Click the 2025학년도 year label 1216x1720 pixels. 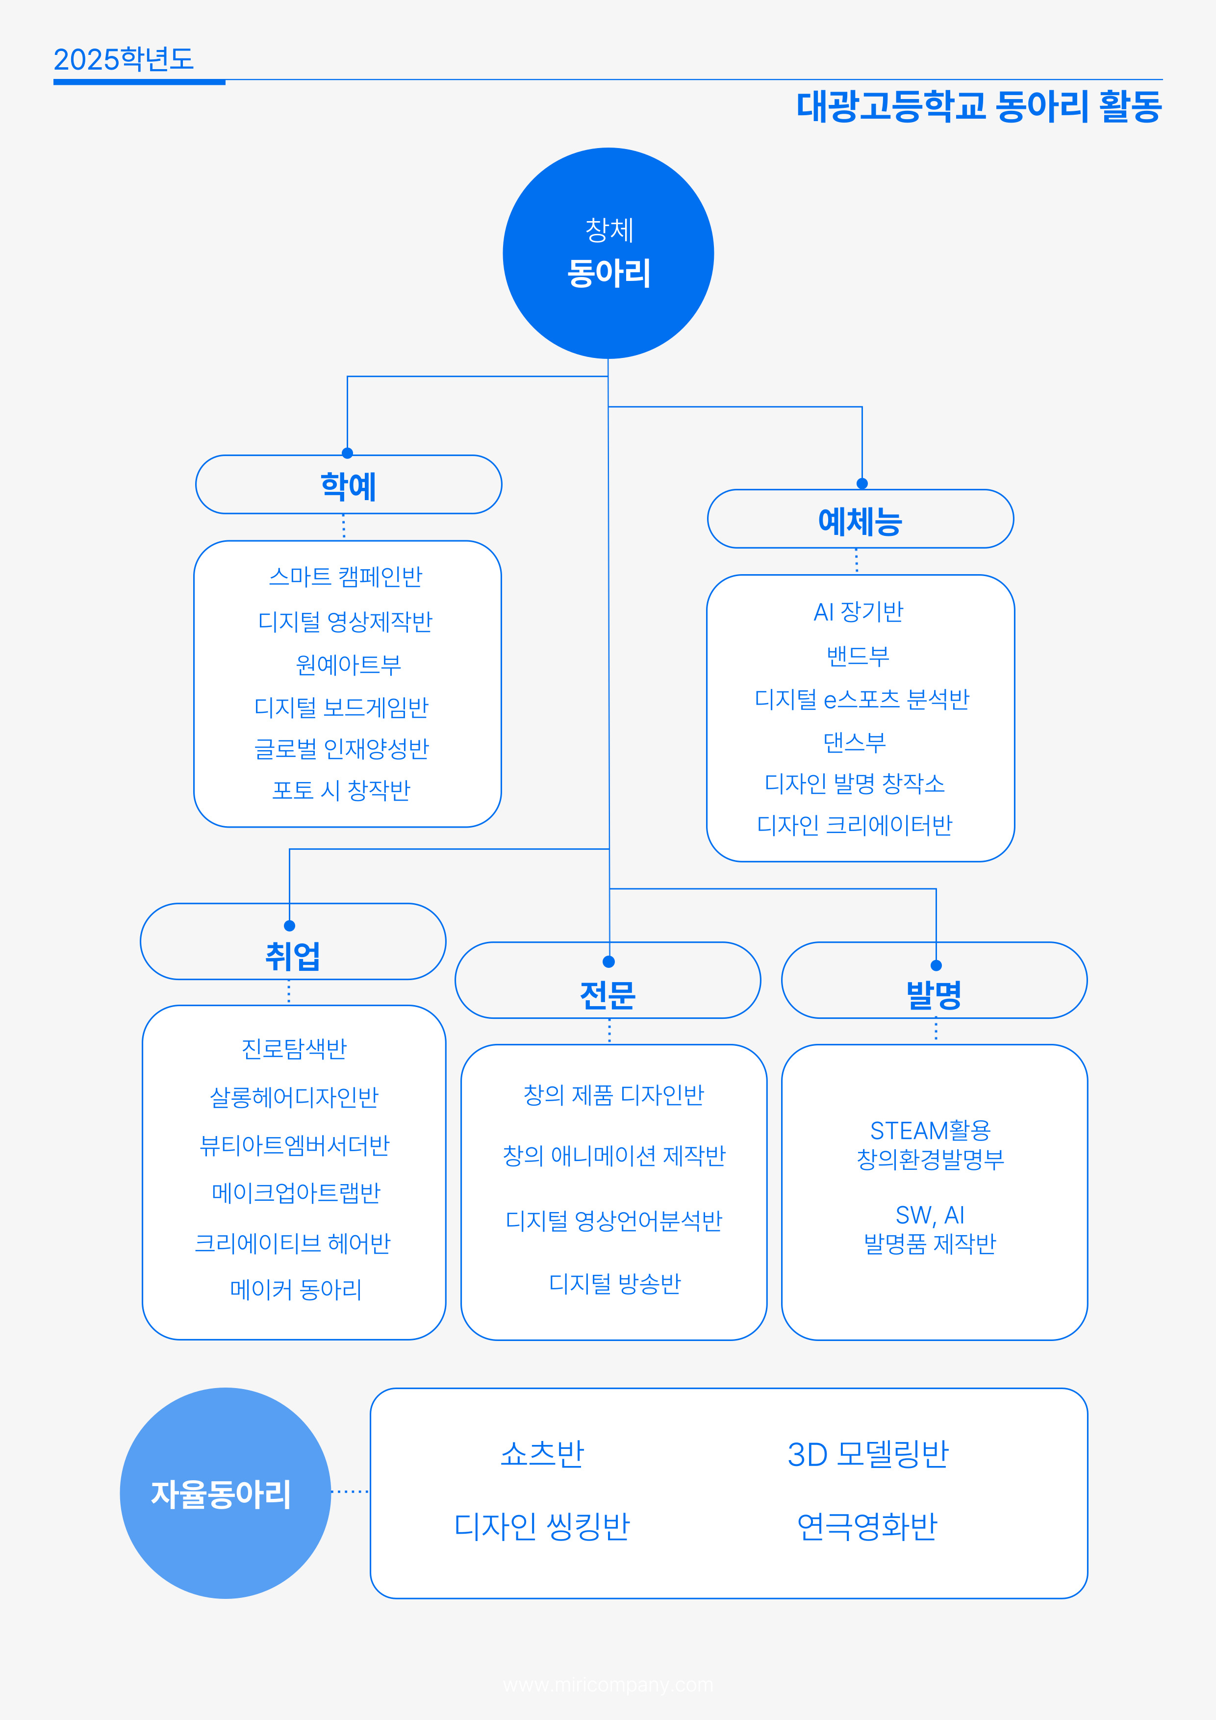(x=124, y=59)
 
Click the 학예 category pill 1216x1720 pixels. (x=349, y=485)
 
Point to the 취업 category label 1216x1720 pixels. (x=293, y=955)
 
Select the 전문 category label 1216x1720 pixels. (x=608, y=993)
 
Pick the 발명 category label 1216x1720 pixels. (x=934, y=993)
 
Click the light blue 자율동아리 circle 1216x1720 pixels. (x=225, y=1492)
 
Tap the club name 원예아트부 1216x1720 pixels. (x=349, y=664)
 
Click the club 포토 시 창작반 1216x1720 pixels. (x=342, y=789)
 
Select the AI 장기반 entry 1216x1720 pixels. (x=859, y=612)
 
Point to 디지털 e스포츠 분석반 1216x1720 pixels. (x=861, y=699)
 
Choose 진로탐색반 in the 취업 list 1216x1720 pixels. (x=294, y=1048)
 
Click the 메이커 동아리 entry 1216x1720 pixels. (x=296, y=1289)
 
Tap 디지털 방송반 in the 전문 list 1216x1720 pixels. (x=614, y=1283)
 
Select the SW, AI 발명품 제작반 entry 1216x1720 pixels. (x=930, y=1229)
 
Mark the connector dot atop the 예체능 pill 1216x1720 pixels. (x=861, y=483)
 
